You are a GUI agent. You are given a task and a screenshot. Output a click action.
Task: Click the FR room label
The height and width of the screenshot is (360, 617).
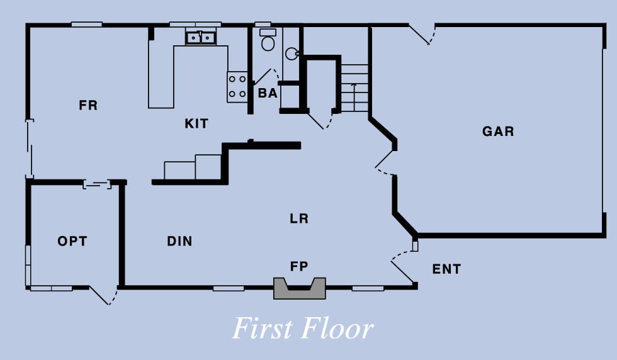[88, 106]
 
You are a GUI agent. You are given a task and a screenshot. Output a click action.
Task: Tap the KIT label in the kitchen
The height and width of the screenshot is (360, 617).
[196, 124]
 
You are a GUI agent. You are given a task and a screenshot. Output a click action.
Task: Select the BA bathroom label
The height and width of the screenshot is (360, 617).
[268, 93]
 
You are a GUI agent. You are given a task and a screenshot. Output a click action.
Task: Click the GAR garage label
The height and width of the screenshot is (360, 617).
[498, 132]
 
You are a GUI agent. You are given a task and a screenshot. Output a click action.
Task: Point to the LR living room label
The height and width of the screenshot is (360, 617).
[299, 219]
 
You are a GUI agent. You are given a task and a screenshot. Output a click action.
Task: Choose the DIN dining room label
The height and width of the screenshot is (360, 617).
[179, 241]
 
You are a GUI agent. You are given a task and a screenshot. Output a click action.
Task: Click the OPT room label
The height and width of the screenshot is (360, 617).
[72, 241]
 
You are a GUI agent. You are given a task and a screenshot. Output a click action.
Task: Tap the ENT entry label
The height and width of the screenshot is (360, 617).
[446, 269]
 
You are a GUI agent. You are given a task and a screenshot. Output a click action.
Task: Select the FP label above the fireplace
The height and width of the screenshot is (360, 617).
[299, 266]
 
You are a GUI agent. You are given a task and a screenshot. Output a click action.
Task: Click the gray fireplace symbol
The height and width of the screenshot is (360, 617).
[300, 289]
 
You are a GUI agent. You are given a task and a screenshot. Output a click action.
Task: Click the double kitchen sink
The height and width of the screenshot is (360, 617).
[201, 38]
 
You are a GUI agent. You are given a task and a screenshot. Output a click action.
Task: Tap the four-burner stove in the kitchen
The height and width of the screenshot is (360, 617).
[237, 86]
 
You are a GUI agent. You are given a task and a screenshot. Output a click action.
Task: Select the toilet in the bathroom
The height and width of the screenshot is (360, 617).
[268, 41]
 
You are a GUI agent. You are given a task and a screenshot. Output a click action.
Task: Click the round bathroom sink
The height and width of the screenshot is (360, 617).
[292, 53]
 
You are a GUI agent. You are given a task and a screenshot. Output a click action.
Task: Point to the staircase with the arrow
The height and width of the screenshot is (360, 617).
[354, 88]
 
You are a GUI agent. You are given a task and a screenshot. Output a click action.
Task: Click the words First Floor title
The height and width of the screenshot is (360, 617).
[303, 329]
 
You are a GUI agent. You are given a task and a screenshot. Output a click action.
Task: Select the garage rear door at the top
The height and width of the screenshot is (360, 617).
[421, 35]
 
